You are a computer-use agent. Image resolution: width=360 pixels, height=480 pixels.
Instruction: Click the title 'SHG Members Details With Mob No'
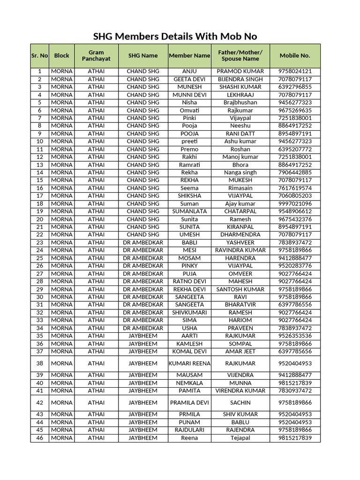pos(175,37)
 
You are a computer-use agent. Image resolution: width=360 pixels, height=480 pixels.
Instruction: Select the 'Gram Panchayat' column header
pos(96,55)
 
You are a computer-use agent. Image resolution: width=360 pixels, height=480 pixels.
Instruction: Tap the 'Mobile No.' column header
pos(295,55)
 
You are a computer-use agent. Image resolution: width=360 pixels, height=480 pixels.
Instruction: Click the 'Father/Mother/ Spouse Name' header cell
pos(240,55)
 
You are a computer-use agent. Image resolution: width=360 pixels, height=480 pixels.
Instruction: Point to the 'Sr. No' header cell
pos(39,55)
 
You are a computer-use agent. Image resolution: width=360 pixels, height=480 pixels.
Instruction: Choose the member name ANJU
pos(189,71)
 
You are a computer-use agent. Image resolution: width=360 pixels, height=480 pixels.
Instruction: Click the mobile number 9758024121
pos(295,71)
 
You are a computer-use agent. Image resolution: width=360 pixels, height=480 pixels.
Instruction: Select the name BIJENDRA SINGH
pos(240,79)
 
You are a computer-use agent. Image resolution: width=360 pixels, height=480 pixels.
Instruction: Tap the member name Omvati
pos(189,110)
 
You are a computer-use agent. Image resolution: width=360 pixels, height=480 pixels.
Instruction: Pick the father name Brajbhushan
pos(240,102)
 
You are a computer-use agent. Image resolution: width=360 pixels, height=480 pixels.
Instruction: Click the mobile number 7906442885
pos(295,172)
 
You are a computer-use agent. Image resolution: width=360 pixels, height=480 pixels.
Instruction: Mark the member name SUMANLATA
pos(189,211)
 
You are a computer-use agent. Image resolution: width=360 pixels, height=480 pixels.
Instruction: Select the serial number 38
pos(39,363)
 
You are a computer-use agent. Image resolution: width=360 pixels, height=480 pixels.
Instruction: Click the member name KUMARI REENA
pos(189,363)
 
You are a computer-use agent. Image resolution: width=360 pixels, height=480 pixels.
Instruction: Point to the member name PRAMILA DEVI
pos(189,403)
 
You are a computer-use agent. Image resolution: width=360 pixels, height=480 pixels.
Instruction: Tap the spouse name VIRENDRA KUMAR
pos(240,390)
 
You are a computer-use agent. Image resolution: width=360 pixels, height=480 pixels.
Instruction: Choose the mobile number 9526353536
pos(295,336)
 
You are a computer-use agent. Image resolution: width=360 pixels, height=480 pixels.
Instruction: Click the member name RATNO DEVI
pos(189,281)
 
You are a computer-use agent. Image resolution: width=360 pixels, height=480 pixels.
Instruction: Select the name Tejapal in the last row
pos(240,438)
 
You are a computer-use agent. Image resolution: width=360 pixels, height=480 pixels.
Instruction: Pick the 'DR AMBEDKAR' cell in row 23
pos(143,242)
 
